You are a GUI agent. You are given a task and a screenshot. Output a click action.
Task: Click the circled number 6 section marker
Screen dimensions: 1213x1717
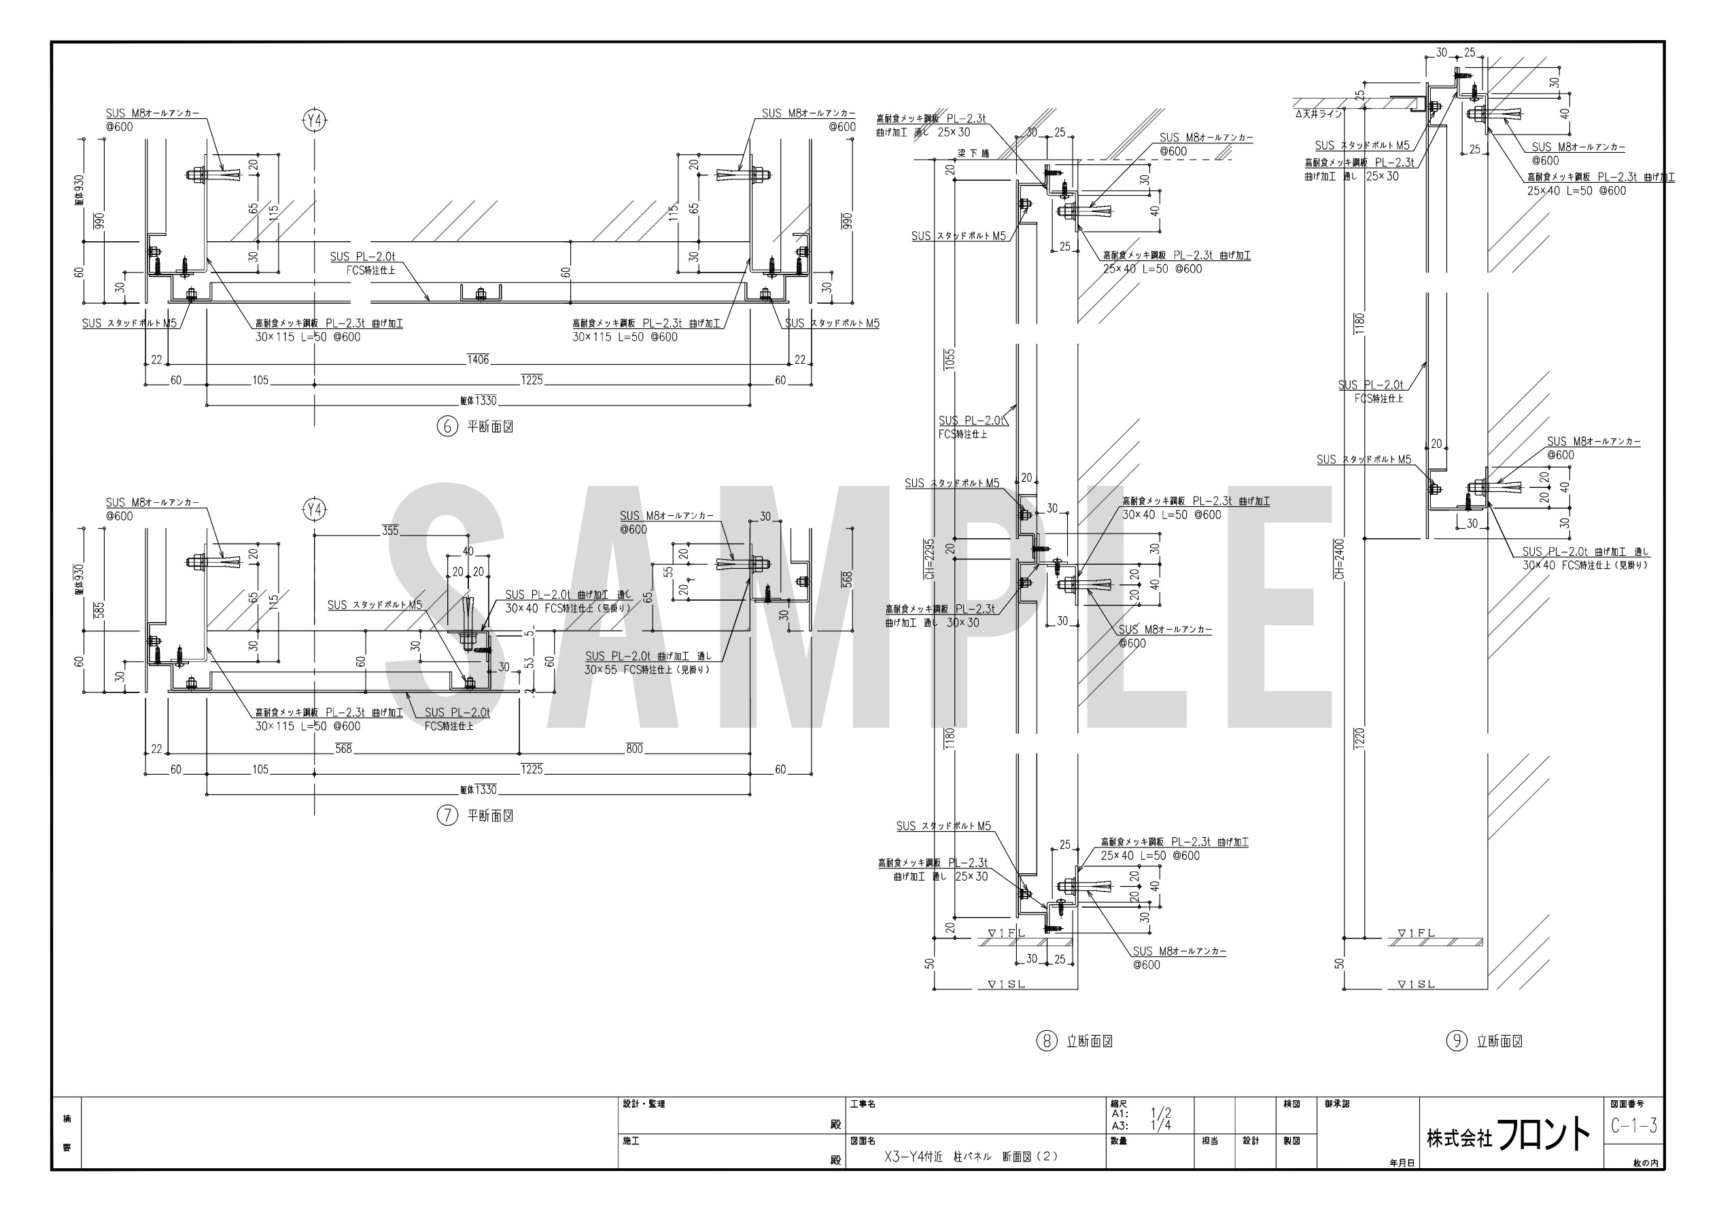(x=447, y=427)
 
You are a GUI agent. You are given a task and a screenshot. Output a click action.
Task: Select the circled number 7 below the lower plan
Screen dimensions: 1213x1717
(x=447, y=815)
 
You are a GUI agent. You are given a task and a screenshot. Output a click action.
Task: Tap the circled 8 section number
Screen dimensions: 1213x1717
(x=1046, y=1040)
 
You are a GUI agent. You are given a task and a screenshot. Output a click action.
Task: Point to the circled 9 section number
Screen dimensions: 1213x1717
(x=1456, y=1040)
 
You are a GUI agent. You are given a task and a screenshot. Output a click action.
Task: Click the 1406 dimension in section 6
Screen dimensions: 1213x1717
(x=478, y=359)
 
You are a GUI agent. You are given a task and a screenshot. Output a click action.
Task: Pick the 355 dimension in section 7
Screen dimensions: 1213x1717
(x=390, y=531)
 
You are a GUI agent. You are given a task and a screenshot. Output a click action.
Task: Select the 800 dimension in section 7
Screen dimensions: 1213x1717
(x=634, y=749)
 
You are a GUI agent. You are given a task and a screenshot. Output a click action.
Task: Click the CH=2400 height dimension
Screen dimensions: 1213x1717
(x=1338, y=559)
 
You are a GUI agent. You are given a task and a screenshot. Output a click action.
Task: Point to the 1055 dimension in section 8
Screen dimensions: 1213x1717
(x=950, y=359)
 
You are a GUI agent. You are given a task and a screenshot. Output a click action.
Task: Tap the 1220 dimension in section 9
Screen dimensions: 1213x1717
(x=1359, y=737)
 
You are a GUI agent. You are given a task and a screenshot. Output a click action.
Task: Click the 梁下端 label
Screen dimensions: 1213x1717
(x=973, y=154)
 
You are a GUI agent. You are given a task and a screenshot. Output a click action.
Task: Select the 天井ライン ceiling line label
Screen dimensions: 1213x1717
(x=1319, y=114)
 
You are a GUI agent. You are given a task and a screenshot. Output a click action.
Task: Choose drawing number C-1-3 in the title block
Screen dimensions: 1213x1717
(x=1634, y=1125)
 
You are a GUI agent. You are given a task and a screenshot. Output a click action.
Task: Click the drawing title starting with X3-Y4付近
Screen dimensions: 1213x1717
(x=971, y=1156)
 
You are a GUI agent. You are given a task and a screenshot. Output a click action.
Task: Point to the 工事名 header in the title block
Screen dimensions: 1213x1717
(x=863, y=1104)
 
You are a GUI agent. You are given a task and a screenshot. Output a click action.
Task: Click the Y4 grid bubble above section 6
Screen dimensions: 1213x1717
(x=315, y=120)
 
